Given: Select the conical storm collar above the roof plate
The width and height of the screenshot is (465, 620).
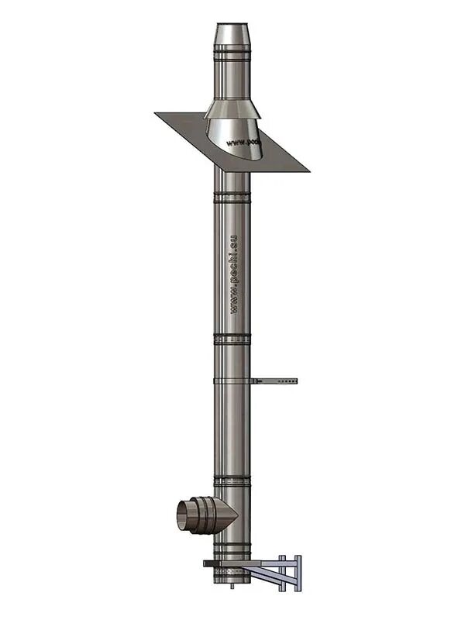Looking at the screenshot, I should click(x=232, y=108).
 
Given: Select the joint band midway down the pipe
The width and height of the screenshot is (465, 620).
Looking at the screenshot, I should click(x=232, y=339).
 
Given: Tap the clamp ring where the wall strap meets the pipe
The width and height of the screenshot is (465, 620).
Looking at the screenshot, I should click(x=232, y=381).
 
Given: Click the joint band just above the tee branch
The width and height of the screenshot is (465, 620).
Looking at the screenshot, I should click(x=232, y=481).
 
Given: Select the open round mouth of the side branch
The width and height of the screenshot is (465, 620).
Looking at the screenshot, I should click(x=184, y=515).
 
